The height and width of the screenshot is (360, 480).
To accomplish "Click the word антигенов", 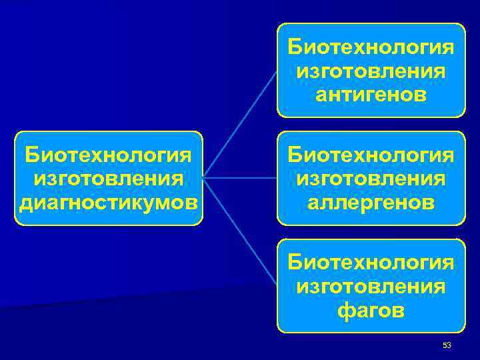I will pyautogui.click(x=371, y=95).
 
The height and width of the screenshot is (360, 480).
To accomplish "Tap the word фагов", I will pyautogui.click(x=371, y=311).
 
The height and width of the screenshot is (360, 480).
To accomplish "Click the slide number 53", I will pyautogui.click(x=447, y=345).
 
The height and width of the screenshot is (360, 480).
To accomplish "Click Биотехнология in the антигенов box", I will pyautogui.click(x=371, y=48).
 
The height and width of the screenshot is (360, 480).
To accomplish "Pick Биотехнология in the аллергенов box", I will pyautogui.click(x=371, y=156).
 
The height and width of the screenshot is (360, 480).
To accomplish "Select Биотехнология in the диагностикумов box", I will pyautogui.click(x=109, y=156).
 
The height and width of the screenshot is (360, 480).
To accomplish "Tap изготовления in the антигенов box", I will pyautogui.click(x=371, y=71).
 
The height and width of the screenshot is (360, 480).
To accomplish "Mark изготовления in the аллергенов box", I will pyautogui.click(x=371, y=179).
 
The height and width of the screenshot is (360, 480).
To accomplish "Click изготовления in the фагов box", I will pyautogui.click(x=371, y=287).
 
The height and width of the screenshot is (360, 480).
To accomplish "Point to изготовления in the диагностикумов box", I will pyautogui.click(x=109, y=179).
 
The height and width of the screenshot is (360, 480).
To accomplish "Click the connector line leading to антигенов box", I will pyautogui.click(x=240, y=123).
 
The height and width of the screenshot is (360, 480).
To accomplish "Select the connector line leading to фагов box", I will pyautogui.click(x=240, y=233).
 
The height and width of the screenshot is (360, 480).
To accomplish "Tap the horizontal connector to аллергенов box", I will pyautogui.click(x=240, y=178).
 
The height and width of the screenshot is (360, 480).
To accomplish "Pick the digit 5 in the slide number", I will pyautogui.click(x=445, y=345).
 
